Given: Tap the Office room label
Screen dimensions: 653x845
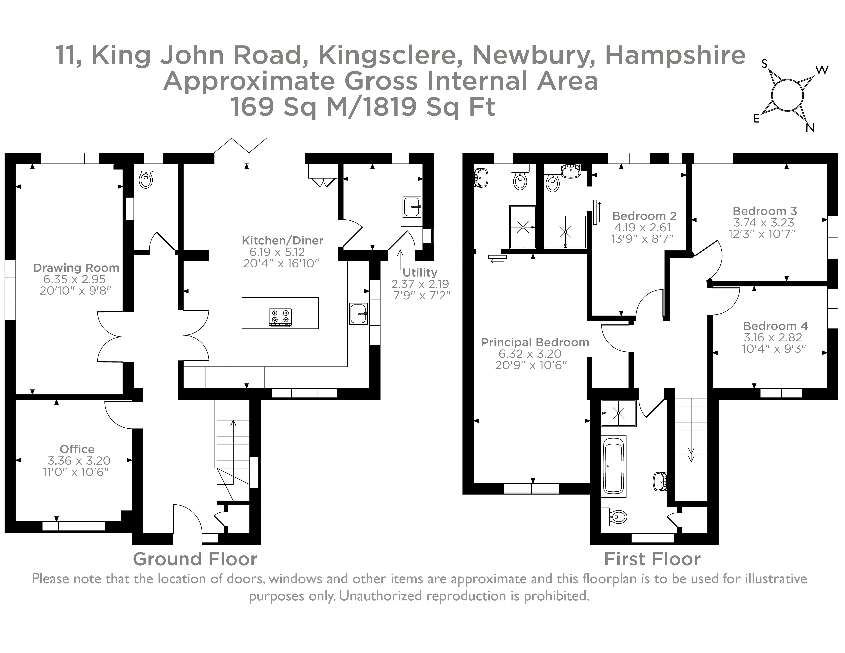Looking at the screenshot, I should (x=77, y=449).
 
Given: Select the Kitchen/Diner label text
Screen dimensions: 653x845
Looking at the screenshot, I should (x=282, y=241).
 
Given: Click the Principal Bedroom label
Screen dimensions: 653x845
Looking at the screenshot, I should (x=535, y=342).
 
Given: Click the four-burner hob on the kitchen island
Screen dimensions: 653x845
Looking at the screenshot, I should (x=280, y=317).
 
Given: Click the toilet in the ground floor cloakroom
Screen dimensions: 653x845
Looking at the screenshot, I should (x=146, y=179).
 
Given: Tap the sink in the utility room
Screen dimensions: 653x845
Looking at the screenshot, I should (x=412, y=207).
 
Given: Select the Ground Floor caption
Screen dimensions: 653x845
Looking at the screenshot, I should (x=195, y=559).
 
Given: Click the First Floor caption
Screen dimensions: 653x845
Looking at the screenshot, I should (x=652, y=559).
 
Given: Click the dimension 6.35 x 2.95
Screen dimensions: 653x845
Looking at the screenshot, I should (x=75, y=279).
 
